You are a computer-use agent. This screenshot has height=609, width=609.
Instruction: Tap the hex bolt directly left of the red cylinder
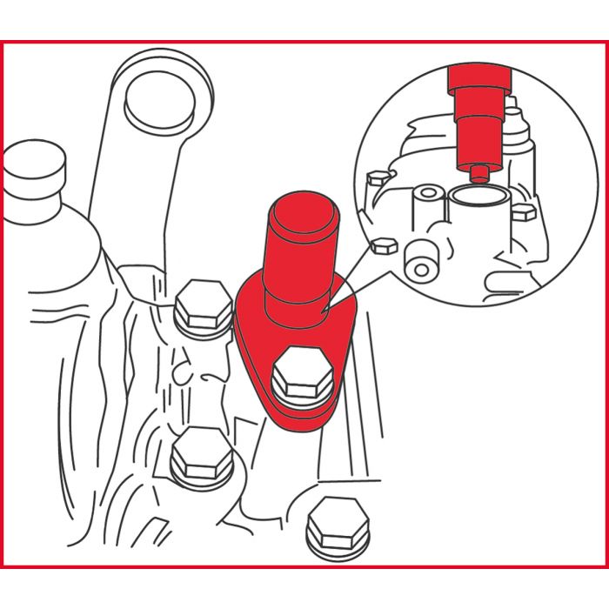[204, 305]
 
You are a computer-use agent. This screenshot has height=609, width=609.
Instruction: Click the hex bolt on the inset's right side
[522, 212]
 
